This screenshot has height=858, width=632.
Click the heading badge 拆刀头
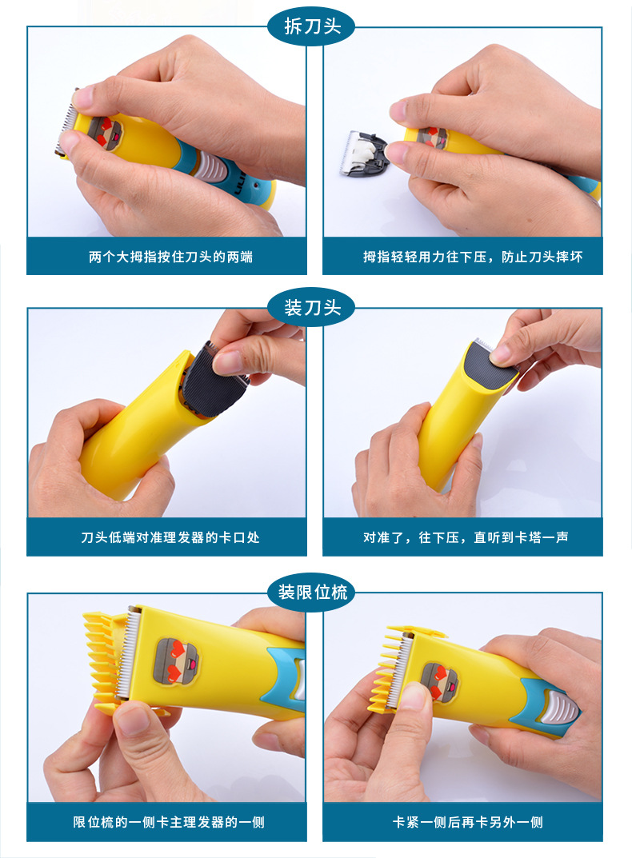pyautogui.click(x=312, y=26)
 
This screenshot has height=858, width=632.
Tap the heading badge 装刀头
pyautogui.click(x=312, y=308)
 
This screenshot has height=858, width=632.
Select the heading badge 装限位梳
pyautogui.click(x=312, y=592)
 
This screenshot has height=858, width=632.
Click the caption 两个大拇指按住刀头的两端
pyautogui.click(x=170, y=257)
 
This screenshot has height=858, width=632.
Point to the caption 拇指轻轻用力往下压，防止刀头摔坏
pyautogui.click(x=473, y=257)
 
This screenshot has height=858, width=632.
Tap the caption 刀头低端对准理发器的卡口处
pyautogui.click(x=170, y=537)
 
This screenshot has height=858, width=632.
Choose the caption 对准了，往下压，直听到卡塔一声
pyautogui.click(x=466, y=537)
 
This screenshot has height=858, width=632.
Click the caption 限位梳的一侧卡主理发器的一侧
pyautogui.click(x=169, y=822)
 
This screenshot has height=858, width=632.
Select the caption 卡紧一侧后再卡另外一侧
pyautogui.click(x=467, y=822)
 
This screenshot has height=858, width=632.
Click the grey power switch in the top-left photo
pyautogui.click(x=211, y=165)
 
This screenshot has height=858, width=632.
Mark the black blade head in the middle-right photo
pyautogui.click(x=489, y=369)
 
